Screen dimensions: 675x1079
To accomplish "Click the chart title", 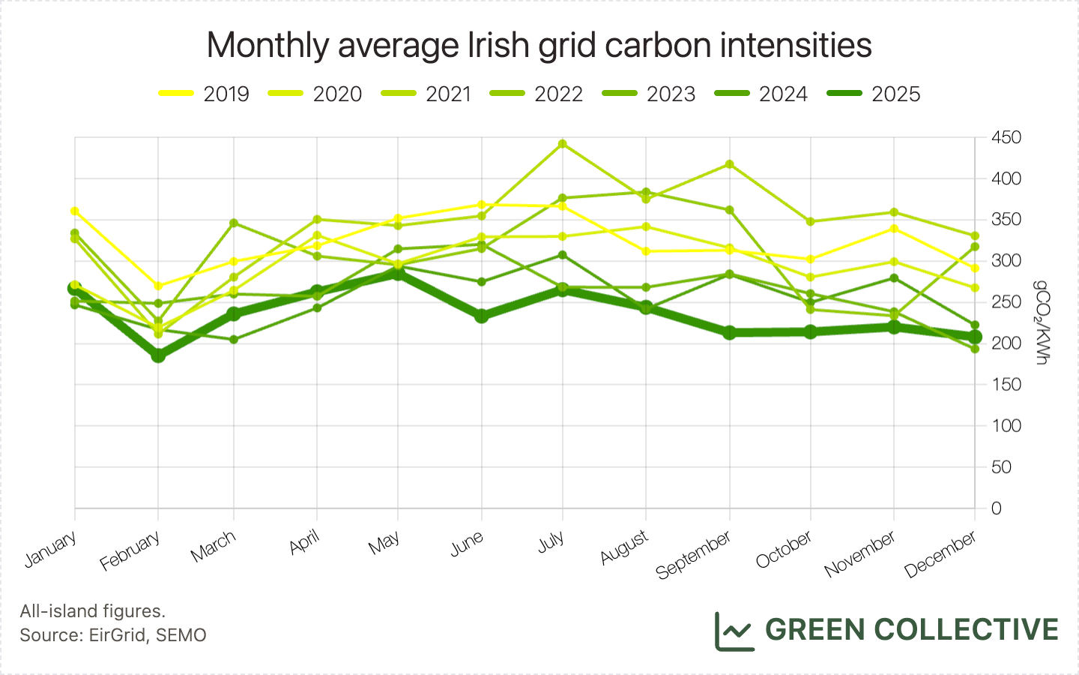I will pyautogui.click(x=539, y=45).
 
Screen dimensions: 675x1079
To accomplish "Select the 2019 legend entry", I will pyautogui.click(x=204, y=94).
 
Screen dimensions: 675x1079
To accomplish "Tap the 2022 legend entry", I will pyautogui.click(x=536, y=94).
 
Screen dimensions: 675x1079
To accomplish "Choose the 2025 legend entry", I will pyautogui.click(x=874, y=94).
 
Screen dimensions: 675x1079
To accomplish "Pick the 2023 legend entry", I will pyautogui.click(x=648, y=94).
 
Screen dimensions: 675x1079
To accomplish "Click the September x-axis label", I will pyautogui.click(x=694, y=555).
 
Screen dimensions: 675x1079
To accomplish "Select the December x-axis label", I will pyautogui.click(x=940, y=554).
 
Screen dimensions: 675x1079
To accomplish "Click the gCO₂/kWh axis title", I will pyautogui.click(x=1042, y=322).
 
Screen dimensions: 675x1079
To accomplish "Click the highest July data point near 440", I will pyautogui.click(x=563, y=144).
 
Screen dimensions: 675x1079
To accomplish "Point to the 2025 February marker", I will pyautogui.click(x=158, y=355).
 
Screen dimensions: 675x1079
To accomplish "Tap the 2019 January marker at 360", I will pyautogui.click(x=75, y=211).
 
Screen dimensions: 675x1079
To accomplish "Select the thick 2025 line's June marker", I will pyautogui.click(x=481, y=316).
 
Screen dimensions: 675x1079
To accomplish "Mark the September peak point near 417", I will pyautogui.click(x=729, y=164).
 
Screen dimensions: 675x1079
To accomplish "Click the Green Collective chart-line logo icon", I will pyautogui.click(x=734, y=631).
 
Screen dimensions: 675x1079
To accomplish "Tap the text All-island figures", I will pyautogui.click(x=93, y=610).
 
